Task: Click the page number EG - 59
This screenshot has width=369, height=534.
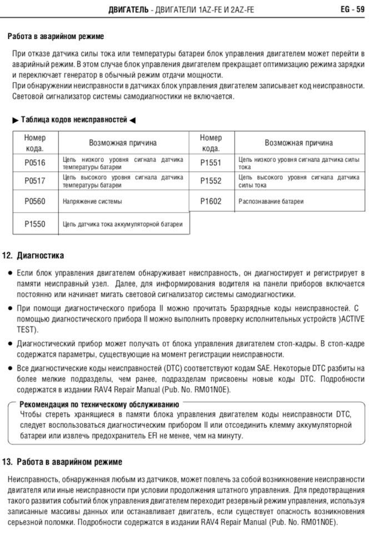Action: tap(352, 9)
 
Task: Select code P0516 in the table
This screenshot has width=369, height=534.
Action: tap(35, 163)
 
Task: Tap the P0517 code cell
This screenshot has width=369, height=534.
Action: tap(35, 181)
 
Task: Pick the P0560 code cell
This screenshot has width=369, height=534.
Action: tap(35, 201)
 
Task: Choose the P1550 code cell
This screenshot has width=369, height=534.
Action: tap(35, 224)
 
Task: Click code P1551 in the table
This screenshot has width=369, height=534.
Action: tap(211, 163)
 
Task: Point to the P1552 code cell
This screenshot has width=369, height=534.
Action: tap(211, 181)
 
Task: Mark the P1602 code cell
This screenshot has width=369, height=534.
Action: tap(211, 201)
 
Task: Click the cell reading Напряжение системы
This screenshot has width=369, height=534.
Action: tap(92, 201)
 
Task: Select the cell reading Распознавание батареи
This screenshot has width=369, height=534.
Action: tap(271, 201)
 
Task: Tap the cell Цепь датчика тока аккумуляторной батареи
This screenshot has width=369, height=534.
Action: tap(123, 224)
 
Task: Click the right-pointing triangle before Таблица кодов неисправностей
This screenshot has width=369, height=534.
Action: tap(15, 120)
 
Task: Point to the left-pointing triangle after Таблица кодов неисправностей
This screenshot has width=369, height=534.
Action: tap(132, 120)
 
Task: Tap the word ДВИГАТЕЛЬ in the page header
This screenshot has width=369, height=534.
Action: tap(128, 9)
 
